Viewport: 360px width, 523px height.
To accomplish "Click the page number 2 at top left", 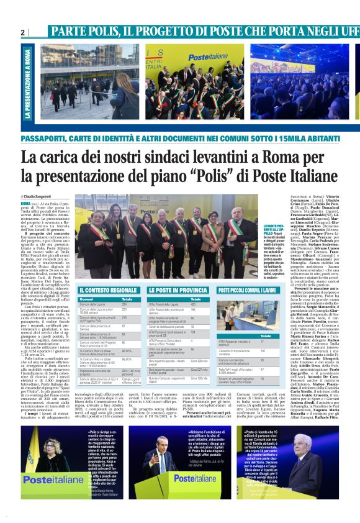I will coord(22,32).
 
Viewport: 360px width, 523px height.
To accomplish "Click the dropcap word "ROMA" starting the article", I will coord(43,202).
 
